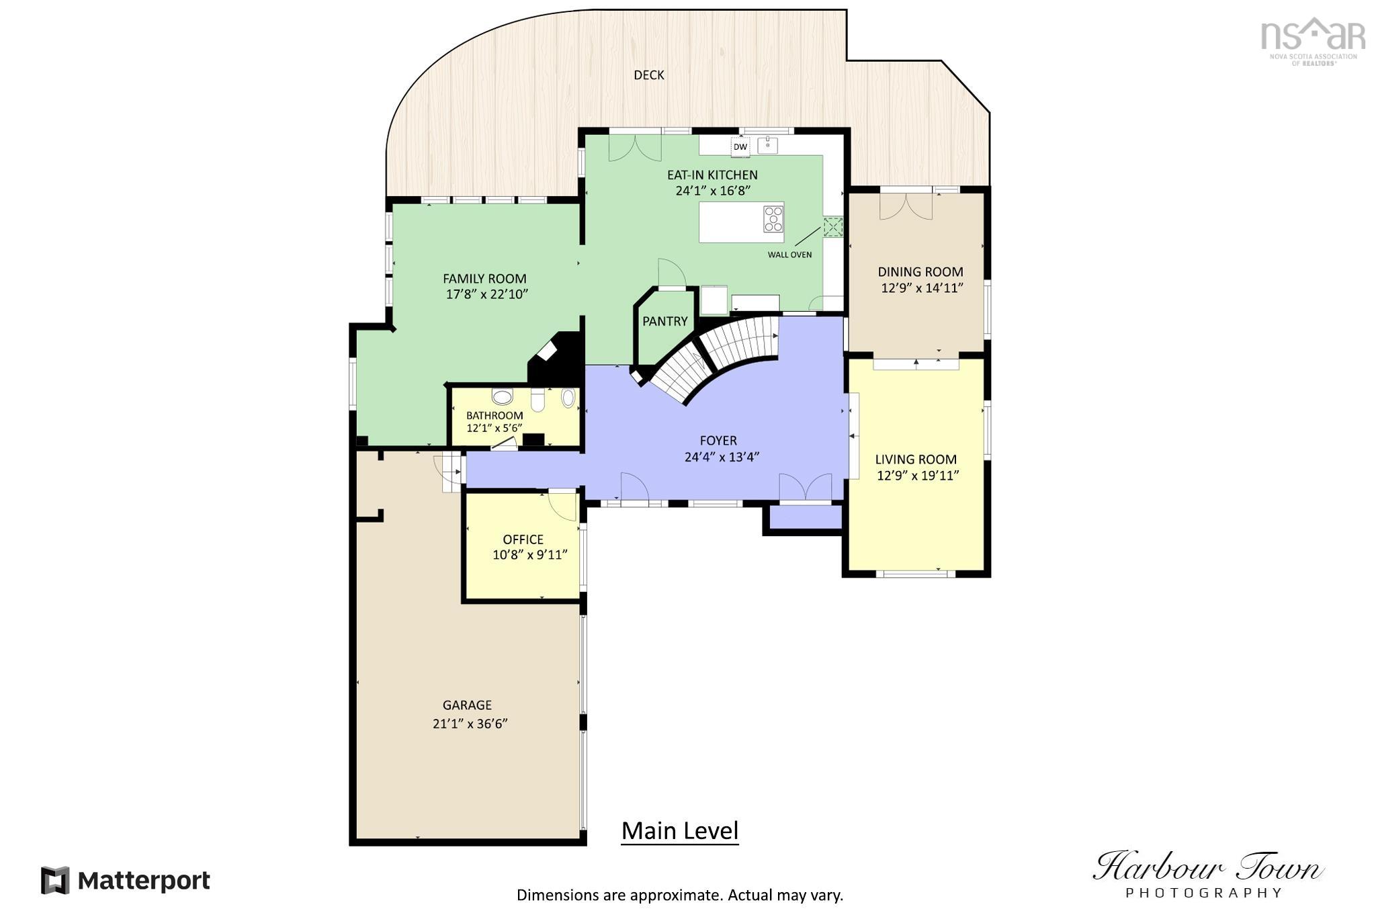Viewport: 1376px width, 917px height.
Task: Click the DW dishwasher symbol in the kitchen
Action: tap(740, 146)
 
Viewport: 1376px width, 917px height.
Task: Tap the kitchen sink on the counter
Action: tap(767, 145)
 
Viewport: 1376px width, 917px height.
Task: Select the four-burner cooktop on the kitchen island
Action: tap(773, 219)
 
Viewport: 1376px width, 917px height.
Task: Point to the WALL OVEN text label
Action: tap(789, 255)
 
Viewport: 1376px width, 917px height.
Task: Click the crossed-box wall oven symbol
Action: tap(833, 227)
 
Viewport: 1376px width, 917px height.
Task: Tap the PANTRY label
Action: tap(664, 321)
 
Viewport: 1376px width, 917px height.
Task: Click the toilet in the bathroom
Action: tap(537, 399)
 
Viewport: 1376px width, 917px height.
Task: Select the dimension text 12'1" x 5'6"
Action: tap(494, 428)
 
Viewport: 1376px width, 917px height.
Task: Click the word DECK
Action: tap(649, 75)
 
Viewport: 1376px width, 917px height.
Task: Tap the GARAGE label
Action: tap(467, 705)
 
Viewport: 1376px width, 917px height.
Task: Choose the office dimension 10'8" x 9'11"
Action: tap(530, 555)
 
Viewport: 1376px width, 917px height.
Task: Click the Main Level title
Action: tap(680, 831)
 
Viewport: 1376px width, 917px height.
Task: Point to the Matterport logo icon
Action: tap(55, 880)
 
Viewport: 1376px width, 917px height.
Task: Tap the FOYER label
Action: tap(718, 441)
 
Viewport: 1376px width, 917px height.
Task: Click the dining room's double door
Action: tap(906, 206)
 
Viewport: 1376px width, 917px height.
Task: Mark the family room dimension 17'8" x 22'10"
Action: tap(487, 294)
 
